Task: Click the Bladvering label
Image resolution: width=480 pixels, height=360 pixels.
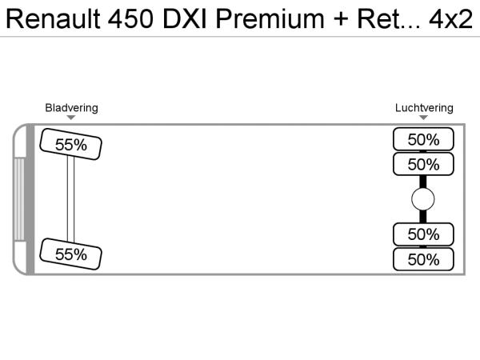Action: coord(71,108)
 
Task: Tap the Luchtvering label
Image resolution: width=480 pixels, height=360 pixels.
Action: coord(424,108)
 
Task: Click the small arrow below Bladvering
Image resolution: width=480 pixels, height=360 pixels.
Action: coord(71,118)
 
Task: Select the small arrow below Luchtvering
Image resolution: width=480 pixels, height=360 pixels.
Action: coord(424,118)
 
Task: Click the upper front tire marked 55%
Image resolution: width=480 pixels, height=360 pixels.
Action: coord(70,145)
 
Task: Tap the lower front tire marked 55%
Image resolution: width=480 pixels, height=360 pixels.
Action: coord(70,254)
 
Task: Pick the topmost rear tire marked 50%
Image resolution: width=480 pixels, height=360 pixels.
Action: coord(423,139)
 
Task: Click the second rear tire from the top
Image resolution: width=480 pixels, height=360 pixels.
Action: coord(423,165)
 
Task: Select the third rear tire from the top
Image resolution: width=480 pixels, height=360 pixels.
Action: coord(423,234)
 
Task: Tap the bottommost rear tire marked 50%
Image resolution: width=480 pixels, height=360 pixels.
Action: coord(423,259)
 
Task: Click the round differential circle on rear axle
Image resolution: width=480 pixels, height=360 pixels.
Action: coord(423,200)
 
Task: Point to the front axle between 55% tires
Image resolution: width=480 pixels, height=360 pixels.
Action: coord(70,199)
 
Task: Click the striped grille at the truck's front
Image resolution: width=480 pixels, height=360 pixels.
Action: coord(20,199)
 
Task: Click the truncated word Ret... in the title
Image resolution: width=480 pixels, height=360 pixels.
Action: coord(383,19)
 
